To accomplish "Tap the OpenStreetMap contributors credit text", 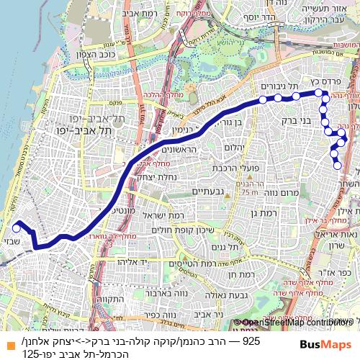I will [x=298, y=322].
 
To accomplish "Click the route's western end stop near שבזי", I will [x=16, y=225].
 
